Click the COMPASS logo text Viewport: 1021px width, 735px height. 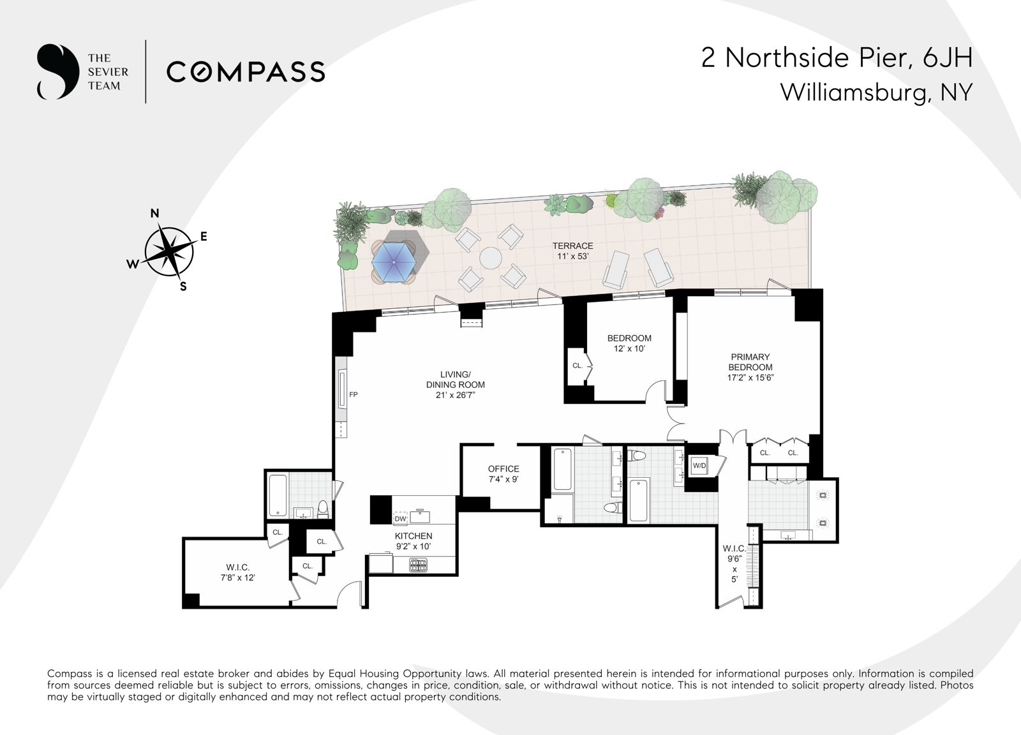(246, 71)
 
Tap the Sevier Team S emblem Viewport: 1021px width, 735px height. (57, 71)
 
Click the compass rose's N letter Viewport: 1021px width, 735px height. (154, 214)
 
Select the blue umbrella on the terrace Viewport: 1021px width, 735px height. (394, 262)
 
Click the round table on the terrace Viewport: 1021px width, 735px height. (491, 258)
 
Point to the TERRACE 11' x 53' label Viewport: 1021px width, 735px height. (572, 251)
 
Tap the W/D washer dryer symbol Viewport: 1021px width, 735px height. (699, 466)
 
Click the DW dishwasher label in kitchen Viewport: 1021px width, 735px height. (400, 518)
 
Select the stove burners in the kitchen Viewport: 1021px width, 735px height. (417, 564)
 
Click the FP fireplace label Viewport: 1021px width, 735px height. (354, 395)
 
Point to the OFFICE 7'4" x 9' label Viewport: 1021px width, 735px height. (503, 473)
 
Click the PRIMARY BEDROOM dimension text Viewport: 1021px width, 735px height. (750, 377)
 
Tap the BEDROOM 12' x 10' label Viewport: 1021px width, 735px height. (629, 343)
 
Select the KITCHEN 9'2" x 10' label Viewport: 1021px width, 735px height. (414, 541)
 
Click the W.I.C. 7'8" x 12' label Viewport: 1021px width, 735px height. (237, 572)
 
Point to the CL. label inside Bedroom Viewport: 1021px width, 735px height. (578, 366)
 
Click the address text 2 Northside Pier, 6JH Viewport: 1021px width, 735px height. (837, 58)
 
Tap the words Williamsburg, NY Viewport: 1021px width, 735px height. (876, 93)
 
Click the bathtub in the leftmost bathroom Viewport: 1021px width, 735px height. (278, 495)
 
